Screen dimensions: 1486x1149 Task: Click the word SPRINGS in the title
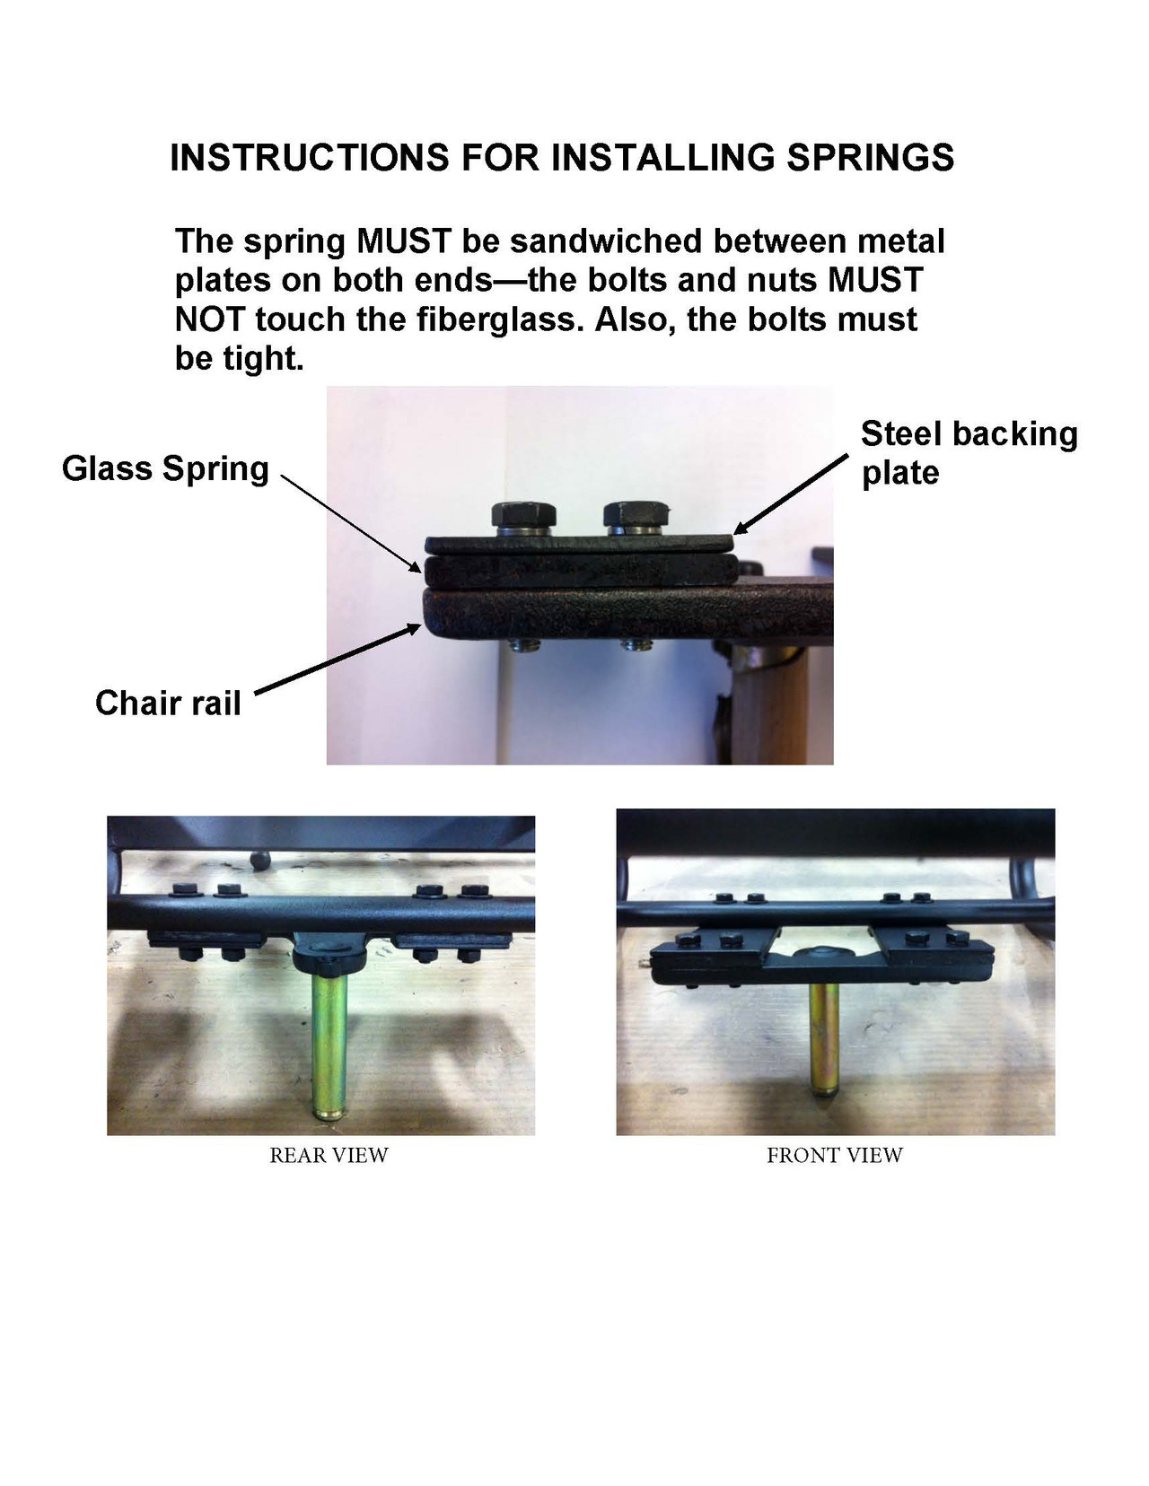click(870, 158)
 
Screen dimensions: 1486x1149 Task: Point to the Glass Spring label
click(165, 469)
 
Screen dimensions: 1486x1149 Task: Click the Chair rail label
click(168, 703)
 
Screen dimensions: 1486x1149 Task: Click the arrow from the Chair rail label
click(338, 660)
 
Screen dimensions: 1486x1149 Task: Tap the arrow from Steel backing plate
click(790, 494)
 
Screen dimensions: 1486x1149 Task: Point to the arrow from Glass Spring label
click(350, 521)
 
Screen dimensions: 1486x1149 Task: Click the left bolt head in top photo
click(523, 516)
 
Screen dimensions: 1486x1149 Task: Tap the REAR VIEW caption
click(329, 1156)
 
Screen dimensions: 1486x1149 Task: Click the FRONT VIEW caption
click(834, 1156)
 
